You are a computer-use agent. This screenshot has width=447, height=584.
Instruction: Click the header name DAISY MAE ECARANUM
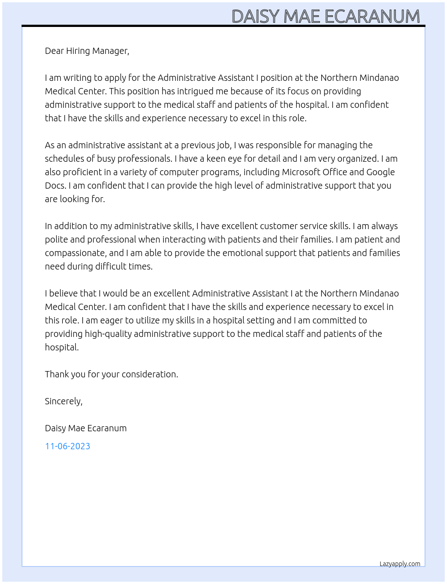coord(325,17)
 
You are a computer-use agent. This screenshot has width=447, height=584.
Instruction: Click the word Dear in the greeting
coord(54,51)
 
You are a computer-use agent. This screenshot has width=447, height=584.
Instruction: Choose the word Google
coord(381,172)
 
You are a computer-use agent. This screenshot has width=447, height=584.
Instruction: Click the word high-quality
coord(108,334)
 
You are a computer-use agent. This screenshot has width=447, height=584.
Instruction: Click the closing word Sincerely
coord(63,401)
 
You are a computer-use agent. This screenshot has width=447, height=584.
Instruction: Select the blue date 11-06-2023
coord(67,446)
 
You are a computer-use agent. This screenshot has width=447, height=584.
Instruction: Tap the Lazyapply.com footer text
coord(399,564)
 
